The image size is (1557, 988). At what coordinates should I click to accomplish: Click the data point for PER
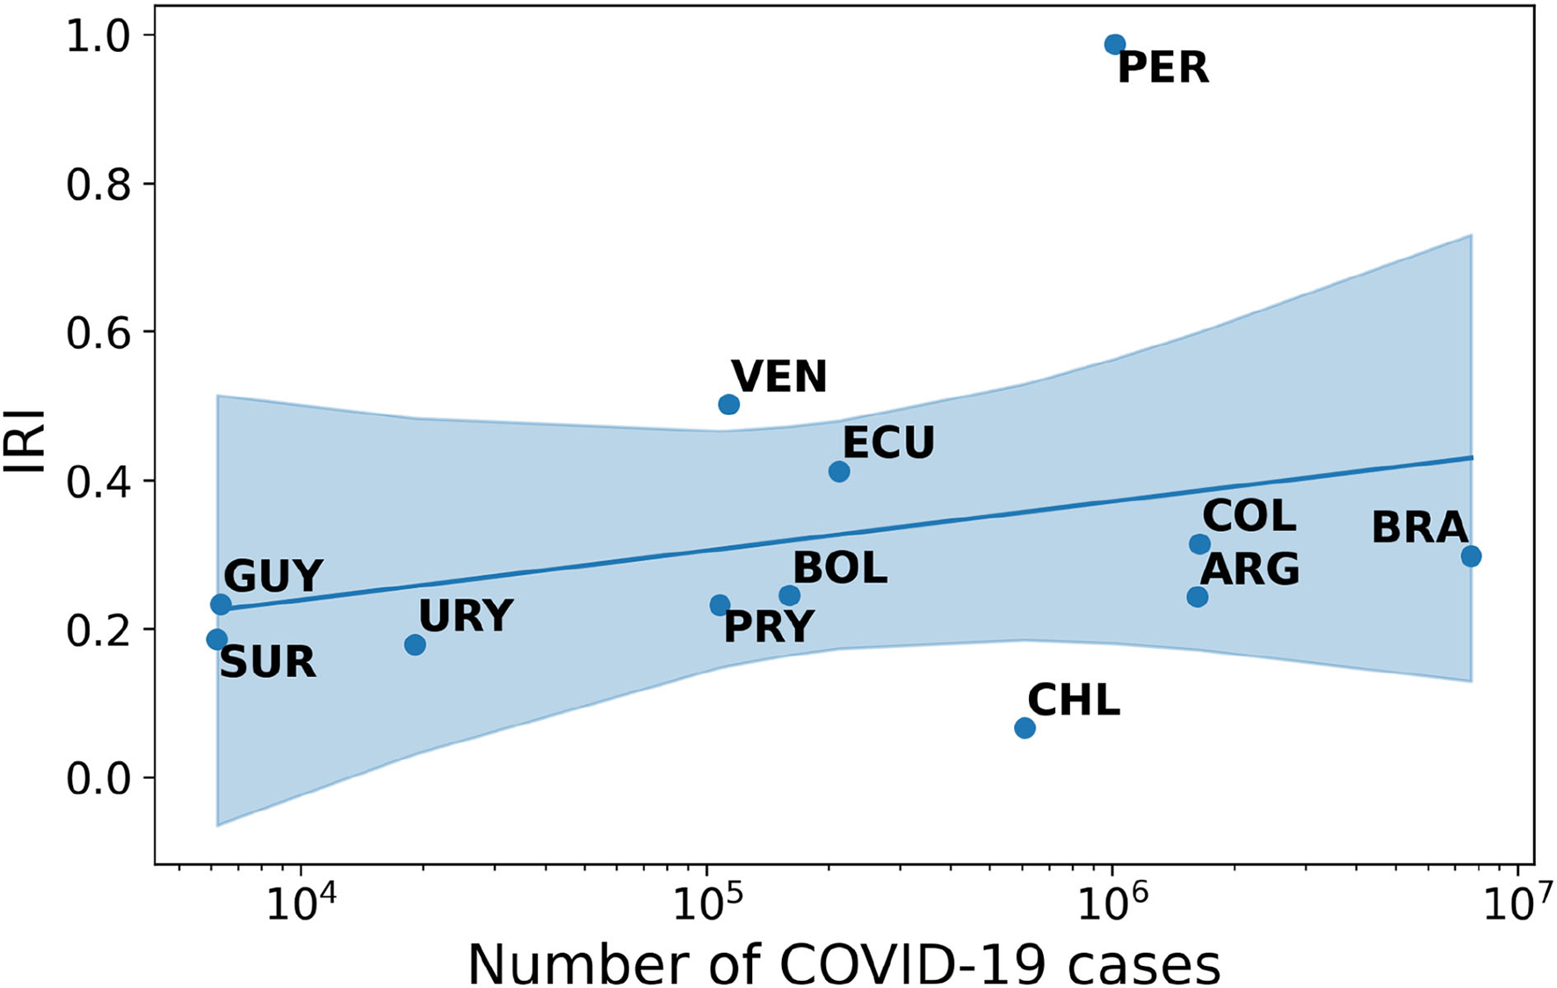pos(1115,44)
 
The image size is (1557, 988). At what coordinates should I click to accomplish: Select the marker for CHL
pos(1025,728)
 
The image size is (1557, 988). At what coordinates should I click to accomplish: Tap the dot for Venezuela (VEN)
pos(728,404)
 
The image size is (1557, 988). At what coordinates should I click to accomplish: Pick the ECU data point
pos(839,471)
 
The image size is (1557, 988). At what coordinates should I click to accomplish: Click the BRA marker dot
pos(1471,556)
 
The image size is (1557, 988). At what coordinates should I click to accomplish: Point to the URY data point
pos(415,644)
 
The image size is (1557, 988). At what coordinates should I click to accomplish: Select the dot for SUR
pos(216,639)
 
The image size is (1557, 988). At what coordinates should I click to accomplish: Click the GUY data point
pos(221,604)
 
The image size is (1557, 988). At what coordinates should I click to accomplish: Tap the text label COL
pos(1249,516)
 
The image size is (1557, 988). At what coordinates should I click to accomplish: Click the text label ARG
pos(1249,570)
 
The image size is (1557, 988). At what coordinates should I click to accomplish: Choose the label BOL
pos(839,569)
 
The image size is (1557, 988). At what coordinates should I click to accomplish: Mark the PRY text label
pos(769,628)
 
